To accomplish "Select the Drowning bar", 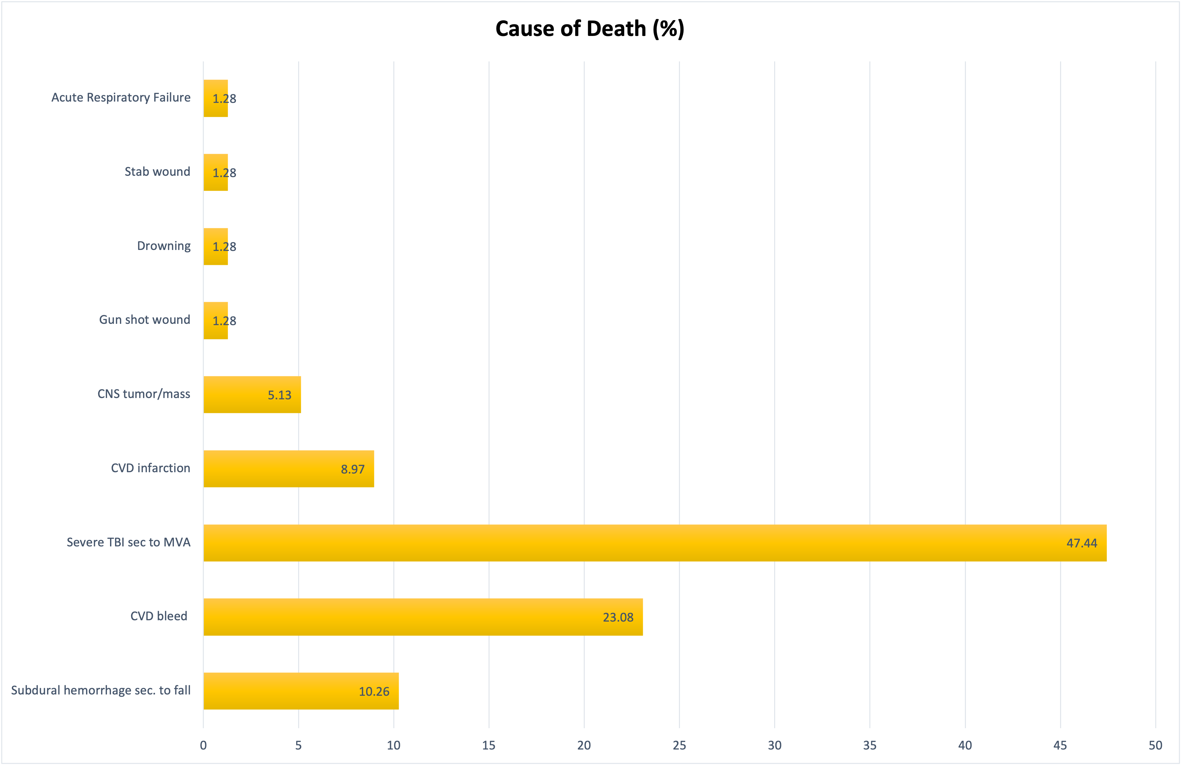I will tap(215, 247).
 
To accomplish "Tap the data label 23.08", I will tap(618, 617).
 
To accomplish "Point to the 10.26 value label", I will tap(374, 691).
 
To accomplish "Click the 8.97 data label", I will tap(352, 469).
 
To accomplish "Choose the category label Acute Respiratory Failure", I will tap(121, 97).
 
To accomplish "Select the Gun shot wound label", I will tap(145, 320).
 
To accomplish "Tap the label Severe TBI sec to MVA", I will tap(128, 542).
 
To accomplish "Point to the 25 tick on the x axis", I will tap(679, 745).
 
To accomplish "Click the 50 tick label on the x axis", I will tap(1155, 745).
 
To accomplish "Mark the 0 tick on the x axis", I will tap(203, 745).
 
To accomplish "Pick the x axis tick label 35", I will tap(870, 745).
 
